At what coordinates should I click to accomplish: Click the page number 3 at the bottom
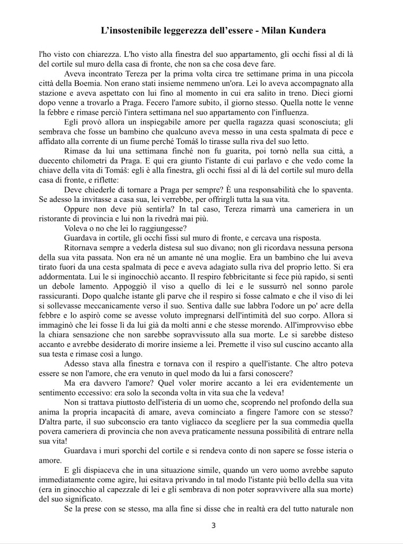click(x=213, y=526)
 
